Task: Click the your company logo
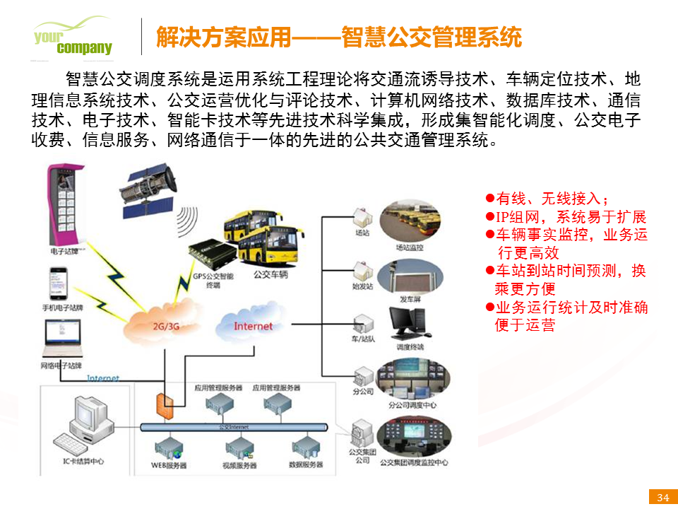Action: pyautogui.click(x=73, y=39)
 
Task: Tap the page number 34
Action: pyautogui.click(x=662, y=497)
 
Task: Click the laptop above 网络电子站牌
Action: pyautogui.click(x=61, y=339)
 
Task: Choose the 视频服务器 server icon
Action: pyautogui.click(x=239, y=447)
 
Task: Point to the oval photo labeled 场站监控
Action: pyautogui.click(x=410, y=222)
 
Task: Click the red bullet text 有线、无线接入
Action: pyautogui.click(x=551, y=199)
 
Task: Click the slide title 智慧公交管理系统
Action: pyautogui.click(x=338, y=37)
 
